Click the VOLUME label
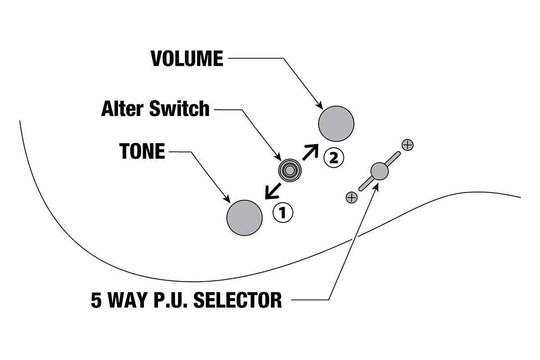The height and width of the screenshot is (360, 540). (x=187, y=58)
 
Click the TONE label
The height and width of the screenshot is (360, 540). (x=142, y=152)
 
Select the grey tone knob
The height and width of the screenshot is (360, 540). (x=244, y=217)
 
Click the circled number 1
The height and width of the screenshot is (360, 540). (x=283, y=212)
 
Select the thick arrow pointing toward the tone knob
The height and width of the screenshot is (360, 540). (x=273, y=190)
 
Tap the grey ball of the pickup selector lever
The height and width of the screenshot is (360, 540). (x=379, y=171)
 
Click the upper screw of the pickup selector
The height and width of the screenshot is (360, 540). (x=407, y=145)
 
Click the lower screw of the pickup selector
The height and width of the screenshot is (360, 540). (x=351, y=197)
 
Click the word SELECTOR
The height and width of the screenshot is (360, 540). (x=238, y=300)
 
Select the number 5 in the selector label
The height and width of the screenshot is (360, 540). (x=96, y=300)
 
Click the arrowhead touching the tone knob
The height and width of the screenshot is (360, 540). (x=228, y=199)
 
